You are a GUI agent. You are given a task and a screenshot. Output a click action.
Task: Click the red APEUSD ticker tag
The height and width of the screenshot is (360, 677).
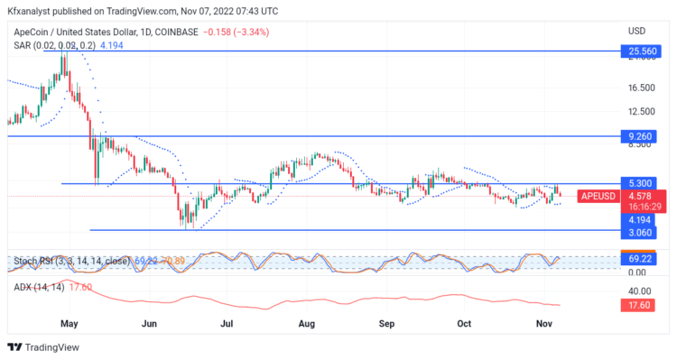pos(598,196)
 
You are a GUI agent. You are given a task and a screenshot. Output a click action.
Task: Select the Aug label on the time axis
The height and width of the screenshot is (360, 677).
pos(307,322)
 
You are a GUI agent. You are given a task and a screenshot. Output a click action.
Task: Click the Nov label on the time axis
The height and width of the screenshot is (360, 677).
pos(543,322)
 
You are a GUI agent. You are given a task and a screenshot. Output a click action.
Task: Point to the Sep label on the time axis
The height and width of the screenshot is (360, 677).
pos(387,322)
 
